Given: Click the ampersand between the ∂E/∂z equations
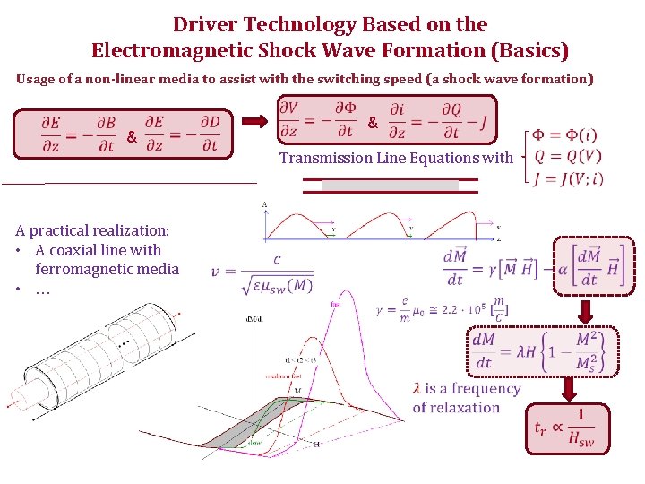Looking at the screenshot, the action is (132, 139).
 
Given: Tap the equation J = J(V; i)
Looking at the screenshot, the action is (567, 177).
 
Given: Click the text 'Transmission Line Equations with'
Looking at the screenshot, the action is (396, 159).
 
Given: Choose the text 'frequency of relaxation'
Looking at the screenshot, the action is (466, 398).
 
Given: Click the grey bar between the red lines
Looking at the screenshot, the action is (390, 185).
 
